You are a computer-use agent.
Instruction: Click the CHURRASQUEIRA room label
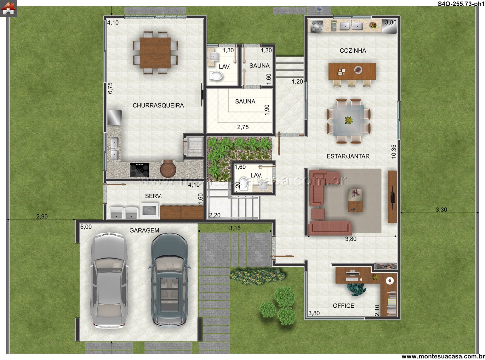pos(158,105)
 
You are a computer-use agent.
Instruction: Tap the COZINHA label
pos(353,50)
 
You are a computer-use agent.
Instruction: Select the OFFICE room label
pos(343,306)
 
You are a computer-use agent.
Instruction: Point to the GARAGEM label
pos(144,230)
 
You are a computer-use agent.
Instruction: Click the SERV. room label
pos(153,196)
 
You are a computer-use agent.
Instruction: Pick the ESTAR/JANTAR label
pos(348,156)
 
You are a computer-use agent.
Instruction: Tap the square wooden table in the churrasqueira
pos(155,53)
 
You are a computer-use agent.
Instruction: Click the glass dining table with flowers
pos(349,121)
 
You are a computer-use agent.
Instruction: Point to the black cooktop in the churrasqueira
pos(140,170)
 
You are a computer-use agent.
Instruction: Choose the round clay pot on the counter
pos(168,168)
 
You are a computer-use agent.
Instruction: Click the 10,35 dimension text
pos(393,152)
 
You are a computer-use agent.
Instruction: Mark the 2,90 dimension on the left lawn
pos(42,216)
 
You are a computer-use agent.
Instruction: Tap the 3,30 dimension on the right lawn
pos(441,210)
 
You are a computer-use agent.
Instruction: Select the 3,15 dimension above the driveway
pos(235,228)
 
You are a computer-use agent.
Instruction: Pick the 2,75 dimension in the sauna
pos(243,127)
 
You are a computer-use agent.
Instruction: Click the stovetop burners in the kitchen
pos(317,27)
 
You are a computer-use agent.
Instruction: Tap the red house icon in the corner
pos(8,8)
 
